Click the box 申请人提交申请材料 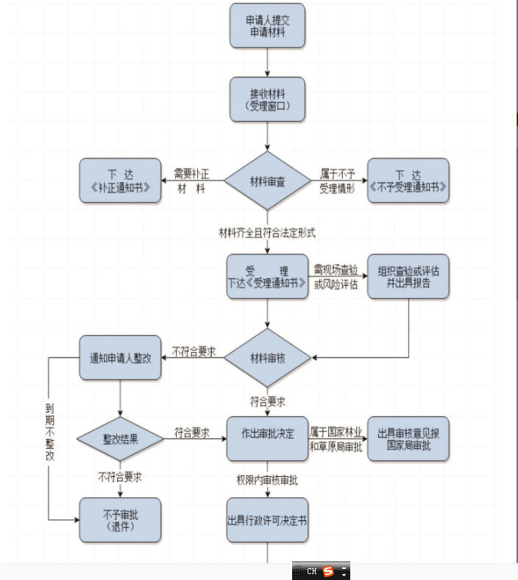[x=266, y=27]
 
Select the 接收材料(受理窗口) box [x=266, y=99]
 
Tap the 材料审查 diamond [x=267, y=181]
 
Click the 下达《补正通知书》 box [x=120, y=181]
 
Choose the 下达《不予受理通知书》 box [x=408, y=181]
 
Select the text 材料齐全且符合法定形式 [x=267, y=232]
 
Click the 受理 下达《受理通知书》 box [x=267, y=276]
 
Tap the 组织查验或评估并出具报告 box [x=408, y=276]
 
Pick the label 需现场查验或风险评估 [x=337, y=277]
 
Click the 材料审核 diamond [x=267, y=358]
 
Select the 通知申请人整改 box [x=120, y=358]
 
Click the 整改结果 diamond [x=120, y=439]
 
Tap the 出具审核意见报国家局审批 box [x=408, y=439]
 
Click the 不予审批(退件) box [x=120, y=520]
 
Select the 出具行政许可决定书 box [x=267, y=520]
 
